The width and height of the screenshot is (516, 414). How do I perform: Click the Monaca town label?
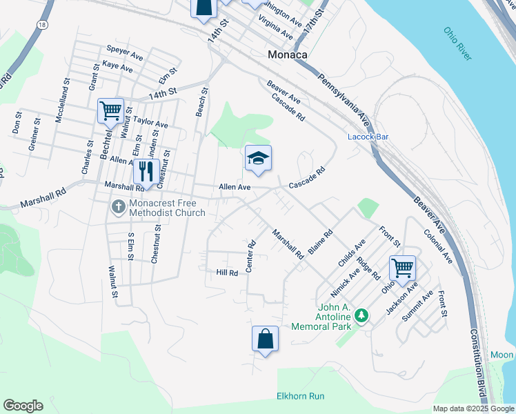[288, 55]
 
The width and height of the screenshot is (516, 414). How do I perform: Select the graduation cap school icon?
[258, 159]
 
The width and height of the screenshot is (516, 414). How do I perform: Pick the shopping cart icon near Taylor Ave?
[110, 111]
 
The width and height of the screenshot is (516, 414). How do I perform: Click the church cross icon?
[118, 206]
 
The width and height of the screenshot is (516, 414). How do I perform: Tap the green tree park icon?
[360, 316]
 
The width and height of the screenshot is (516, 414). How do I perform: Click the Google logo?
[23, 405]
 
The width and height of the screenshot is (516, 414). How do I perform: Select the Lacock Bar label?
[368, 137]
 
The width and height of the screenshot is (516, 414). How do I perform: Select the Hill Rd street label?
[227, 273]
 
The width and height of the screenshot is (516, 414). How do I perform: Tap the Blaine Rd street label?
[321, 242]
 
